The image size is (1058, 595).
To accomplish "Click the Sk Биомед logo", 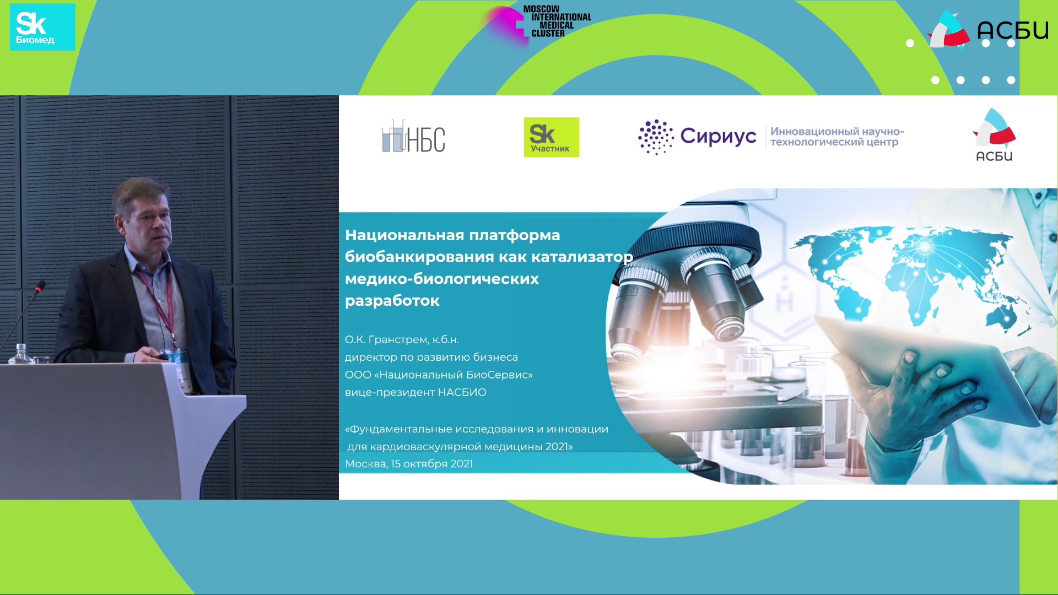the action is click(x=42, y=27).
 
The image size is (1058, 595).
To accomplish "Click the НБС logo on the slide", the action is click(x=413, y=137).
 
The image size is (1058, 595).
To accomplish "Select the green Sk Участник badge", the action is click(x=551, y=137).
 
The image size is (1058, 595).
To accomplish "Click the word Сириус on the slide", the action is click(x=718, y=136).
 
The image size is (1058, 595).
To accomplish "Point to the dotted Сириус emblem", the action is click(x=656, y=137).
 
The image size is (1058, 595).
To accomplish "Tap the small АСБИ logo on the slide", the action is click(x=994, y=135).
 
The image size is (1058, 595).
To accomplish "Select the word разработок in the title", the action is click(x=392, y=301).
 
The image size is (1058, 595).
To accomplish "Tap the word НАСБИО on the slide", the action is click(x=462, y=392).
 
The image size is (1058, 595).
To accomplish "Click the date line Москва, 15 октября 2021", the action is click(x=409, y=464).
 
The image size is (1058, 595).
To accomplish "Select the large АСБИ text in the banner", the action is click(x=1013, y=30).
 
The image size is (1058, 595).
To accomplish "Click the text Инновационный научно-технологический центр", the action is click(x=837, y=137).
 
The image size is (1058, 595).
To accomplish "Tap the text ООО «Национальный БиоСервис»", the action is click(x=439, y=375).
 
